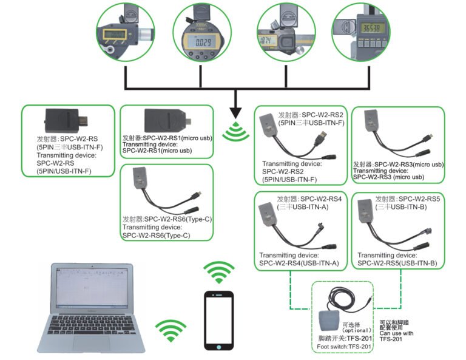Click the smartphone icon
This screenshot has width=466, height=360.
point(218,320)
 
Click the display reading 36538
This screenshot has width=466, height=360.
point(371,28)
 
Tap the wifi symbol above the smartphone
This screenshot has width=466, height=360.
point(218,273)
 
